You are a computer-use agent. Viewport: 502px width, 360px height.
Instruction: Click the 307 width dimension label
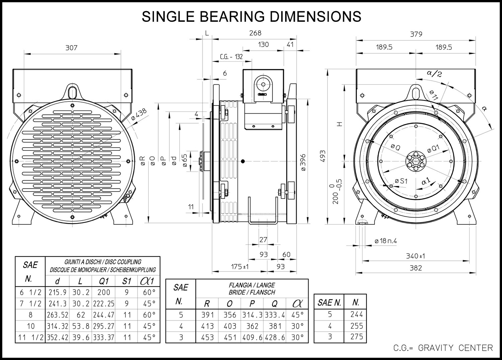coord(71,48)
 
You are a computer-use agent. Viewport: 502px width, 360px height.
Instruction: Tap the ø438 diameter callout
coord(139,114)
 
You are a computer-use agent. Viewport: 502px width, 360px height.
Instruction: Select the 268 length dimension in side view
coord(255,33)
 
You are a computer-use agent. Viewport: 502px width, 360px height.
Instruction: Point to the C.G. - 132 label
coord(231,57)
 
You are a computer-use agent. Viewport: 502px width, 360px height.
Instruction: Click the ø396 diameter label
coord(303,163)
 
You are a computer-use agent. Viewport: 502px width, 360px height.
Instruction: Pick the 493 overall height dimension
coord(323,156)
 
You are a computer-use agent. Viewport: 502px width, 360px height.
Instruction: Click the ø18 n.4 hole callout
coord(386,241)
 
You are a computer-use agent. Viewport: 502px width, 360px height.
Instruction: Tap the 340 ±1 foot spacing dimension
coord(416,256)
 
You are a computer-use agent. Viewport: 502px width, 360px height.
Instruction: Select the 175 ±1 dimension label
coord(240,267)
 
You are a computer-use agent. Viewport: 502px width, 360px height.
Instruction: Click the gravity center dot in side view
coord(243,161)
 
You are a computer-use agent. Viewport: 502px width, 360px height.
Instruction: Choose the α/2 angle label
coord(434,74)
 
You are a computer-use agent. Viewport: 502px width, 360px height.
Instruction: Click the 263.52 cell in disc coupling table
coord(57,315)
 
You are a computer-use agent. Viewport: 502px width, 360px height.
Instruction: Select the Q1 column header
coord(103,281)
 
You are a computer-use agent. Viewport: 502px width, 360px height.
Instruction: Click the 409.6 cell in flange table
coord(252,337)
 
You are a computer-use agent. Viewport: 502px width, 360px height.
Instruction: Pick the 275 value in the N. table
coord(356,337)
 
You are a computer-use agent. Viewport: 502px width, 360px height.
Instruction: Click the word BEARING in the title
coord(232,16)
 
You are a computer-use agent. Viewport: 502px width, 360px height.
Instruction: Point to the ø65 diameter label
coord(185,160)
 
